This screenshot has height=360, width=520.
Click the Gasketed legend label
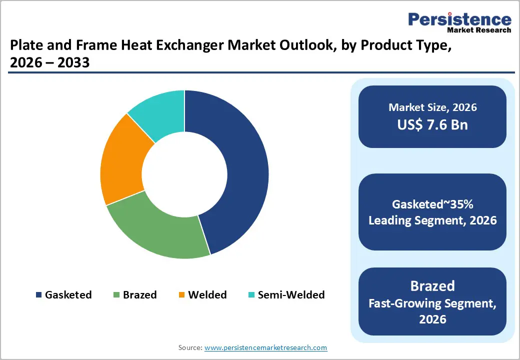click(68, 295)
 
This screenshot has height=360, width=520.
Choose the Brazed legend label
click(140, 295)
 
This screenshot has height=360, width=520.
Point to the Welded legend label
click(207, 295)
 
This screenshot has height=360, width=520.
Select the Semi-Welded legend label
click(291, 295)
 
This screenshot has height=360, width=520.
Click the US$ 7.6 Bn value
click(432, 124)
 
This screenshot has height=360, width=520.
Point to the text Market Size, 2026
click(432, 107)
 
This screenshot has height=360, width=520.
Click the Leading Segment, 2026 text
click(432, 220)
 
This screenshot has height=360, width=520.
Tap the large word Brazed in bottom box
click(432, 286)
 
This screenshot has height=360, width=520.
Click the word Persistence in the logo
click(459, 19)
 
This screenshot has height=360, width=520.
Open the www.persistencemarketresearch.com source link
click(265, 347)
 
